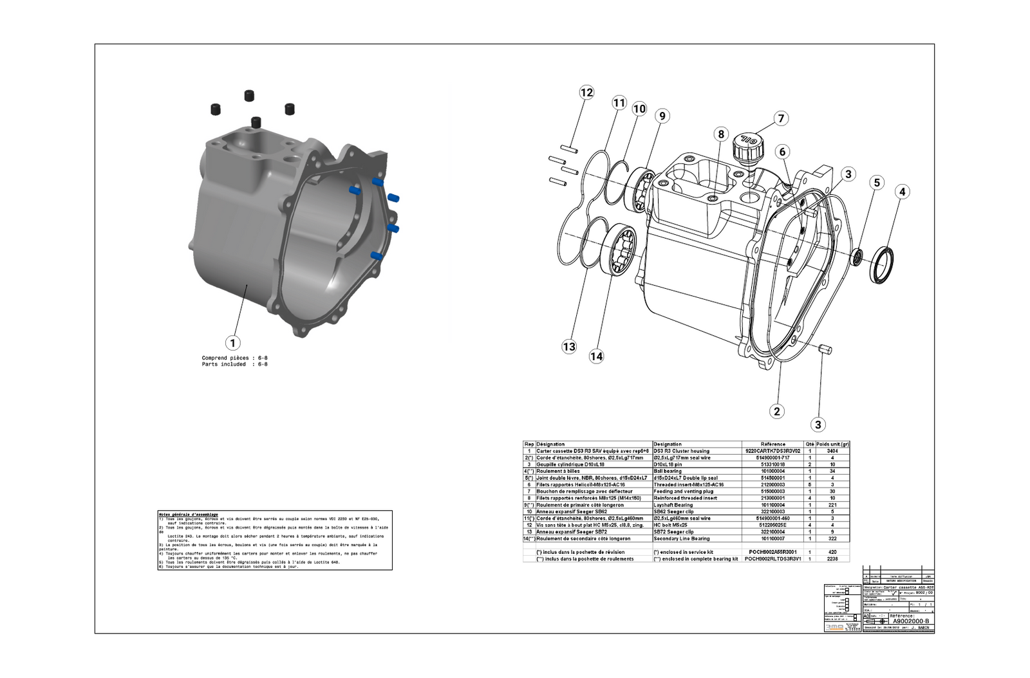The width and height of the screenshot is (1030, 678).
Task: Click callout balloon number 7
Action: [781, 118]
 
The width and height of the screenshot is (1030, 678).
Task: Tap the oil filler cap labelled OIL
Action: [748, 147]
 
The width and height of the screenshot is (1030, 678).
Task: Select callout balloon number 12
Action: [586, 93]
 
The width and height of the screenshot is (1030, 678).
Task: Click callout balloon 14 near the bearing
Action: [596, 356]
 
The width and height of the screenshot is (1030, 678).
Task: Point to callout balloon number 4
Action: [903, 192]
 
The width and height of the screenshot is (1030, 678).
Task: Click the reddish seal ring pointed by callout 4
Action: [882, 264]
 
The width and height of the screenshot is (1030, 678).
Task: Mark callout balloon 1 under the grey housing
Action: [232, 344]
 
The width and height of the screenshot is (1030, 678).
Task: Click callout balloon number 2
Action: [777, 412]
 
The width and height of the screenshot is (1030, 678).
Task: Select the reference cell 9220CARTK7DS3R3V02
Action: [772, 451]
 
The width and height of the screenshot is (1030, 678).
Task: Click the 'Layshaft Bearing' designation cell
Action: [673, 505]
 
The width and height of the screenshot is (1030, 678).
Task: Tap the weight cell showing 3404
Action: [832, 451]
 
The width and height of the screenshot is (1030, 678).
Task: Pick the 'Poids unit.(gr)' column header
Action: [832, 444]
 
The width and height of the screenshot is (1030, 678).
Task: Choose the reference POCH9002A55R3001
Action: [772, 552]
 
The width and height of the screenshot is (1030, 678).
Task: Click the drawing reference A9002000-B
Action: [910, 621]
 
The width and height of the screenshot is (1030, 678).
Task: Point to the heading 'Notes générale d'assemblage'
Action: [188, 515]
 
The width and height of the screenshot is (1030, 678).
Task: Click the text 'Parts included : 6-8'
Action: [234, 365]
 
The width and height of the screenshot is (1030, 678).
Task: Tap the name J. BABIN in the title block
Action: [921, 627]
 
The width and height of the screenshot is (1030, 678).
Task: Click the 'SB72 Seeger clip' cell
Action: [673, 532]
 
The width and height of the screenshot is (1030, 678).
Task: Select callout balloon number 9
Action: [661, 116]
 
